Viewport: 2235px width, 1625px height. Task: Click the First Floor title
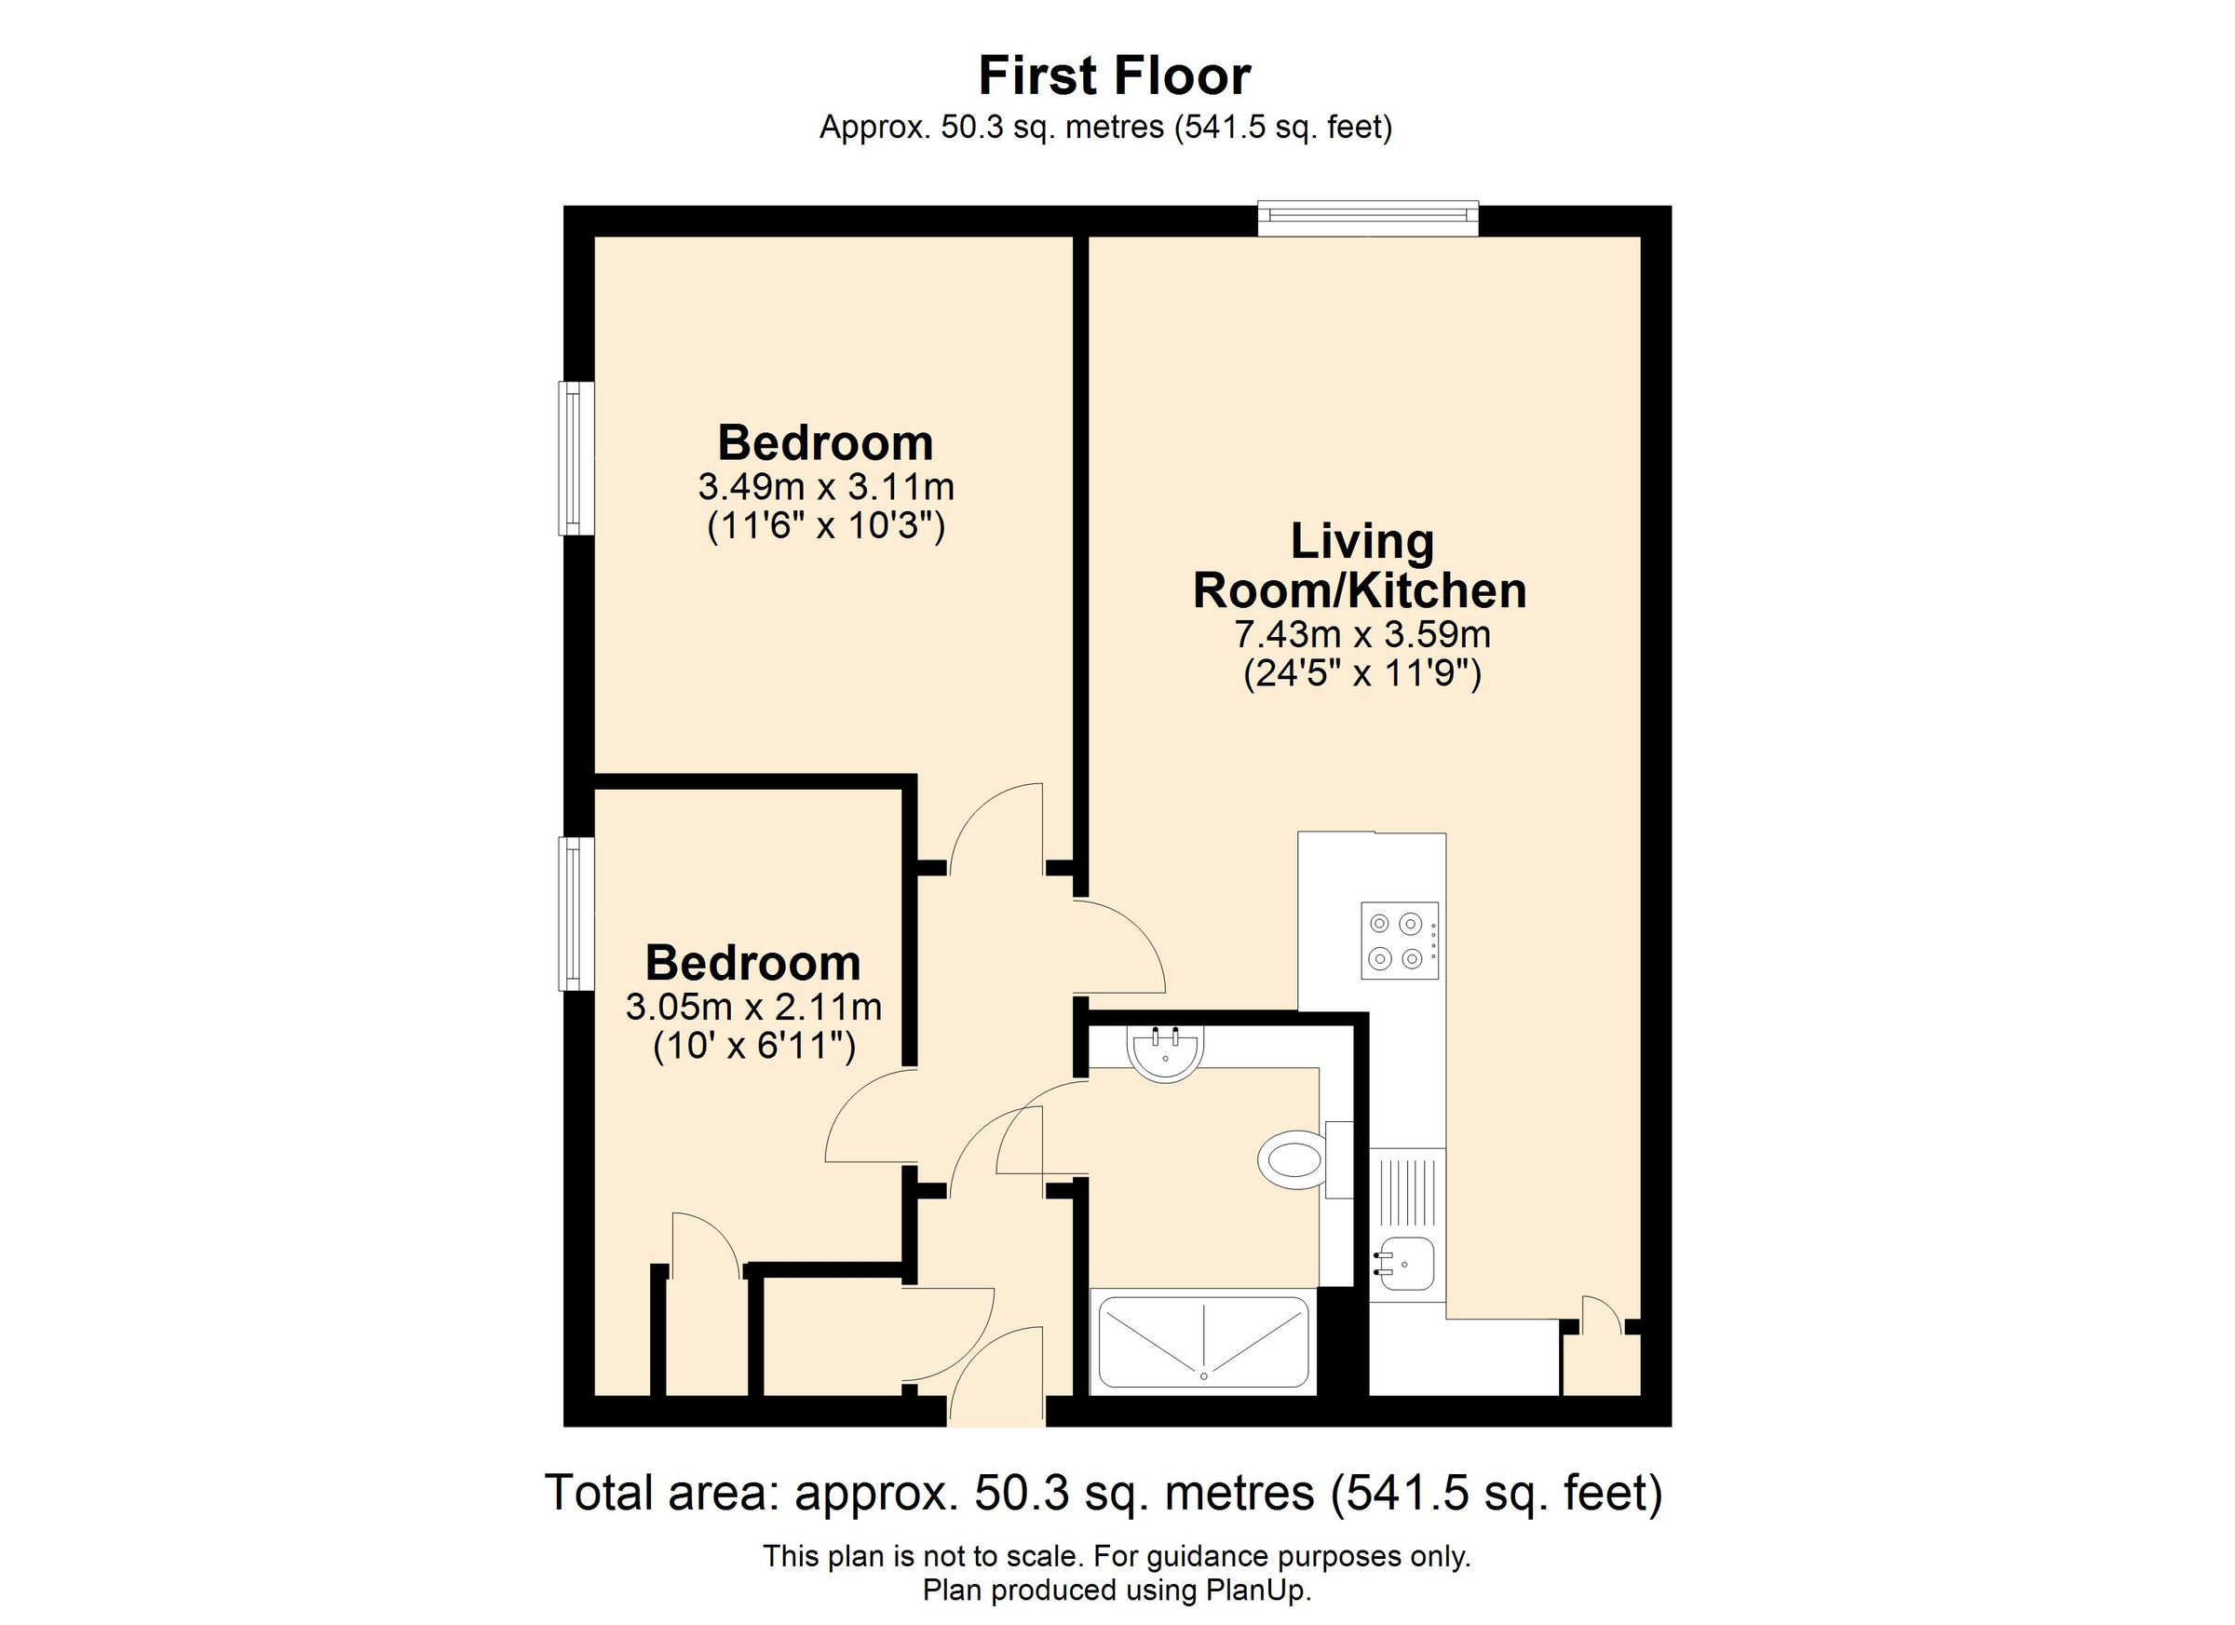pyautogui.click(x=1115, y=75)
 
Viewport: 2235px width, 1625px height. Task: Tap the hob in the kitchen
pyautogui.click(x=1399, y=941)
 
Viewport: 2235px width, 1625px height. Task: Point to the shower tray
pyautogui.click(x=1203, y=1341)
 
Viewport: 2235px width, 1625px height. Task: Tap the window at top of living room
pyautogui.click(x=1368, y=219)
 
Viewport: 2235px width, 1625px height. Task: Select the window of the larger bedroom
pyautogui.click(x=576, y=458)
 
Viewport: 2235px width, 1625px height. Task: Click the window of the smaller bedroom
pyautogui.click(x=576, y=913)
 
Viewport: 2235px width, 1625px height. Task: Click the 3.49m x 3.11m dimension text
pyautogui.click(x=826, y=487)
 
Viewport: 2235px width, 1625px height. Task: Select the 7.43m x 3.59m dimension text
pyautogui.click(x=1361, y=633)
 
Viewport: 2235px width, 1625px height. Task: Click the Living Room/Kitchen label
pyautogui.click(x=1360, y=566)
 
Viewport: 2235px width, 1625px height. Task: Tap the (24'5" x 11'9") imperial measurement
pyautogui.click(x=1361, y=674)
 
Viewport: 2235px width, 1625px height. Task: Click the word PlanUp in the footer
pyautogui.click(x=1256, y=1591)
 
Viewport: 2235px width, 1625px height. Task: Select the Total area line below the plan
pyautogui.click(x=1104, y=1493)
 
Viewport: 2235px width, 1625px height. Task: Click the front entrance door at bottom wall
pyautogui.click(x=996, y=1380)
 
